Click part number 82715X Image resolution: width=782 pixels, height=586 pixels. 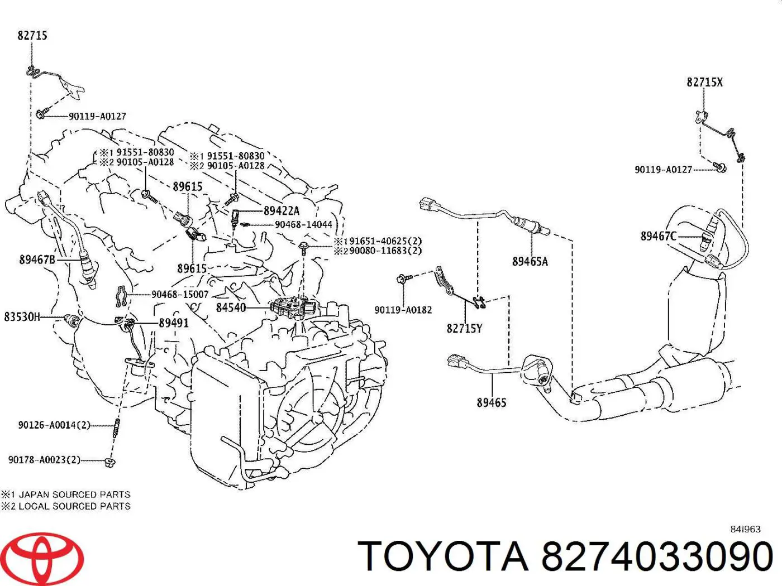[x=704, y=83]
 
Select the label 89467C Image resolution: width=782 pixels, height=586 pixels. [x=658, y=236]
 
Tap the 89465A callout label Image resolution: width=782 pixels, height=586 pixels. [x=530, y=261]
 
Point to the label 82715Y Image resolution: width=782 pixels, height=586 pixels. [x=464, y=328]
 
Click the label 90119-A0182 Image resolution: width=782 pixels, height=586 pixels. [x=403, y=310]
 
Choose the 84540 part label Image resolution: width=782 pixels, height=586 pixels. [x=231, y=308]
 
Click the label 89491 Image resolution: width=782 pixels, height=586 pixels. [x=174, y=323]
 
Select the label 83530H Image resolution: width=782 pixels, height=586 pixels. [x=22, y=317]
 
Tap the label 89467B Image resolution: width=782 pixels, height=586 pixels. [x=37, y=260]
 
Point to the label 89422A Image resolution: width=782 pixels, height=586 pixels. [x=282, y=211]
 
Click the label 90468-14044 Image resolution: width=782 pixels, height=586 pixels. [x=303, y=224]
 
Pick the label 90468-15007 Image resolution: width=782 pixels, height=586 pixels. [x=180, y=294]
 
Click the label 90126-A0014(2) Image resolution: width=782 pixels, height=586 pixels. [x=54, y=425]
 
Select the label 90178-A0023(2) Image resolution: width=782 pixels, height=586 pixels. [x=44, y=460]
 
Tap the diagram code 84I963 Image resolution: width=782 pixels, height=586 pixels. [x=745, y=529]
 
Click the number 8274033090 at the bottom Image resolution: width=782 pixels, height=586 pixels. [x=657, y=556]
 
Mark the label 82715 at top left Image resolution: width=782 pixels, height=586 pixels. [x=32, y=36]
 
